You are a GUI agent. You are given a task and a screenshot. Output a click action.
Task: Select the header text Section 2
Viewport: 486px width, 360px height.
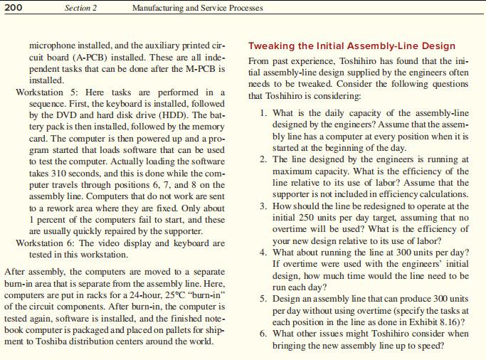tap(80, 8)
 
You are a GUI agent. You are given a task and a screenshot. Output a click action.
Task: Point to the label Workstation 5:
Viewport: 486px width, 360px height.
tap(46, 92)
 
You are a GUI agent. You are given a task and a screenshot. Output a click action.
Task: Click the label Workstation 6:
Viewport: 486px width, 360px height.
tap(46, 243)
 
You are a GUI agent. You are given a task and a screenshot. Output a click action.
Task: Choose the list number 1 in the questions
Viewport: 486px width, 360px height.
tap(263, 113)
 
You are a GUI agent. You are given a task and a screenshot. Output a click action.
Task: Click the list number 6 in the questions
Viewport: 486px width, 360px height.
tap(263, 333)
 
